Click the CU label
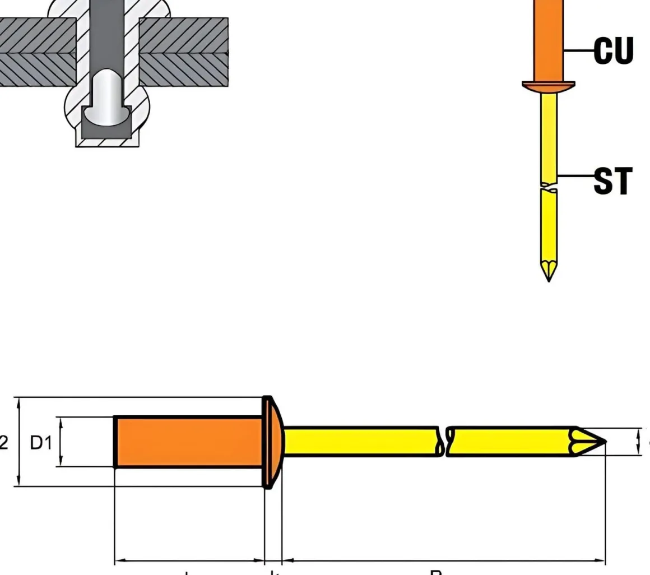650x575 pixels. point(613,51)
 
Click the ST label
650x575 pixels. point(613,181)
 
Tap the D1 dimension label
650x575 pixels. point(40,443)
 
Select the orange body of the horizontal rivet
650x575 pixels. point(188,442)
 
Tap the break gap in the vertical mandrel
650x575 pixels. point(549,187)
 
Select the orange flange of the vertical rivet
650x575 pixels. point(549,86)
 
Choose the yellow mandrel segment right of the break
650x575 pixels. point(510,442)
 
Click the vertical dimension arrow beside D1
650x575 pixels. point(61,442)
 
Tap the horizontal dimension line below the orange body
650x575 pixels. point(189,560)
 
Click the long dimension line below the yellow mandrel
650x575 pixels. point(443,560)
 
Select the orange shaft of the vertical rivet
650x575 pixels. point(549,39)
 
